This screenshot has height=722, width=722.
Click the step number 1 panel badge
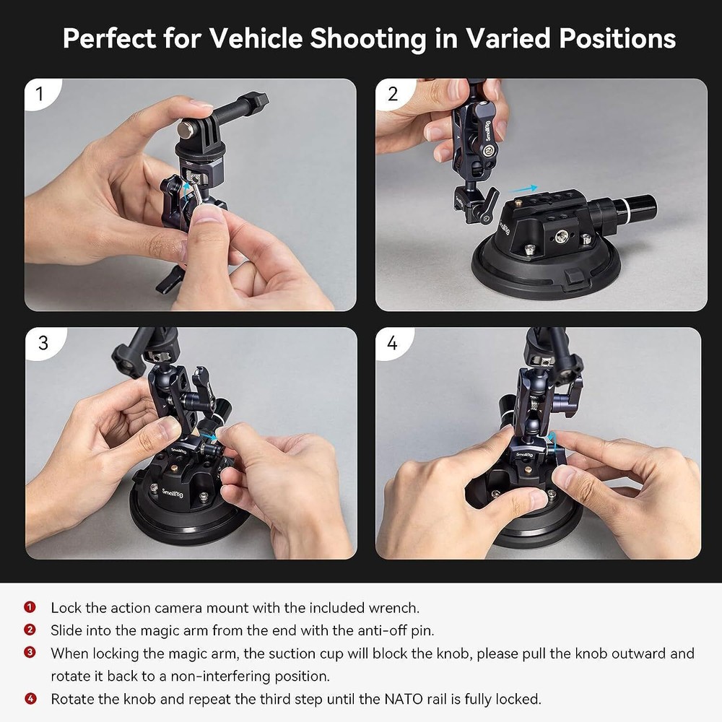point(39,94)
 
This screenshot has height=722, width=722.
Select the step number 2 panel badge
point(392,94)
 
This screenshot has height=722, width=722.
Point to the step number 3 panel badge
point(43,343)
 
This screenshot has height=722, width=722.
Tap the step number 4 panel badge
point(392,343)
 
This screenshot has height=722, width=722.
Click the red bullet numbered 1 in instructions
point(30,608)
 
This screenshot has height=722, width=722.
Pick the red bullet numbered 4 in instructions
point(30,699)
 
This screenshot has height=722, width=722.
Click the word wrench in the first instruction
point(393,609)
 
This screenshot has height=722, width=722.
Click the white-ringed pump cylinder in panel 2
point(627,211)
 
